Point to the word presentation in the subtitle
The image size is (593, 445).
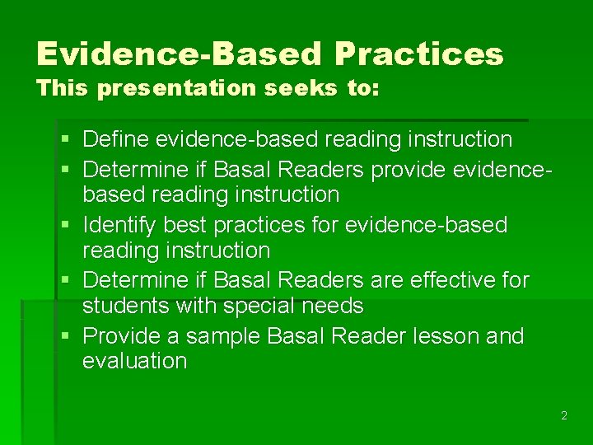pyautogui.click(x=177, y=89)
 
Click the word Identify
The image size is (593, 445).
pyautogui.click(x=122, y=225)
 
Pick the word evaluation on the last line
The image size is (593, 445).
pyautogui.click(x=134, y=361)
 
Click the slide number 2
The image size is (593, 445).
pyautogui.click(x=563, y=416)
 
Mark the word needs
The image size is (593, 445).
pyautogui.click(x=334, y=306)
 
